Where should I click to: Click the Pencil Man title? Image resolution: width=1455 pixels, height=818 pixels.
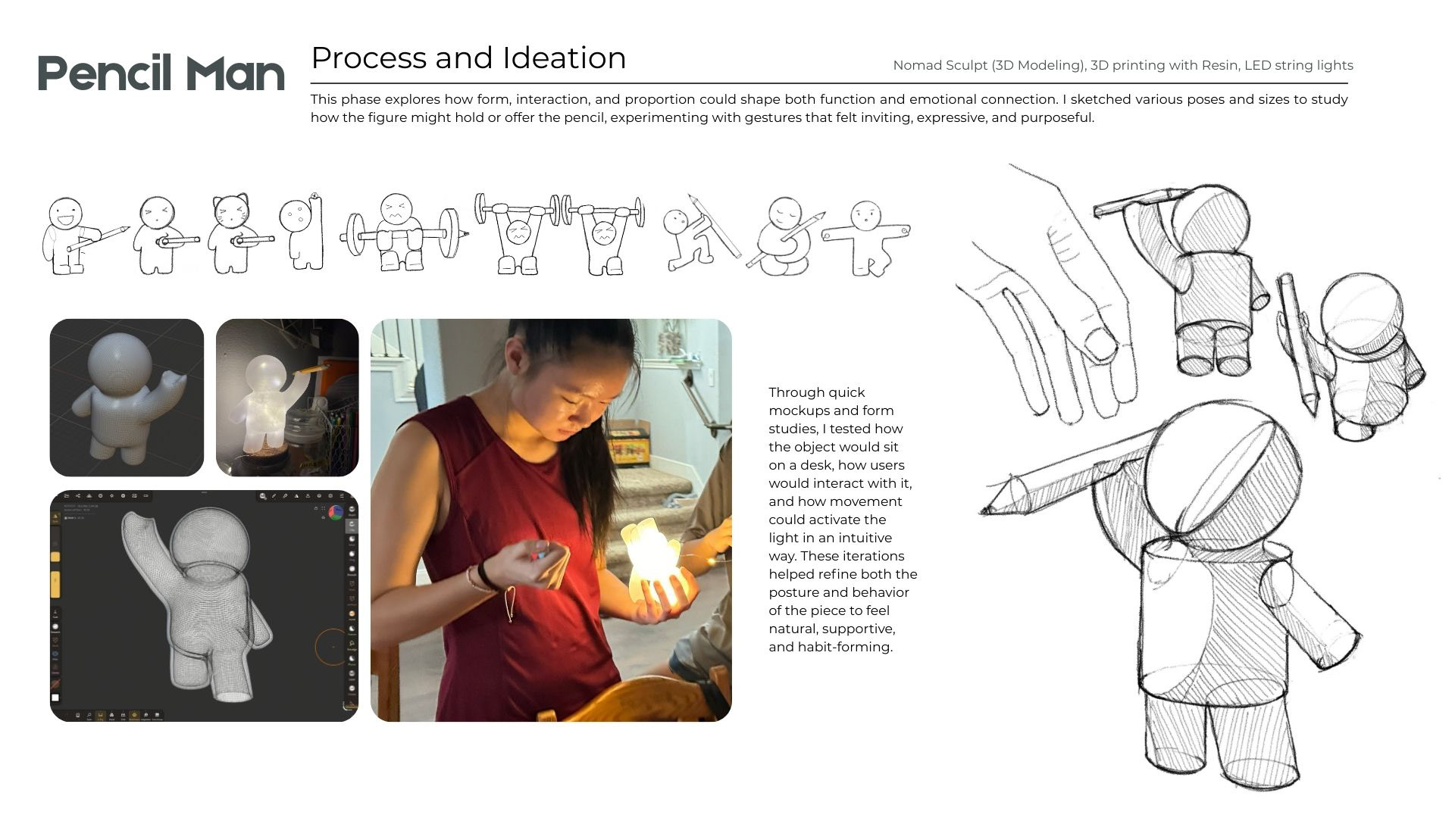(x=161, y=73)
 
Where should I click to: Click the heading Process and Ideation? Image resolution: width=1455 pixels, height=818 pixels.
(x=468, y=58)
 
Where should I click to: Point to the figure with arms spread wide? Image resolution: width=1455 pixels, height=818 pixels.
(x=866, y=237)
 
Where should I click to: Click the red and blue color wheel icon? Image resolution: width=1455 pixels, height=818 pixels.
(x=336, y=513)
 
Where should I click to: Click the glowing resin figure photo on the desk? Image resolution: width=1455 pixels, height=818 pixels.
(x=287, y=398)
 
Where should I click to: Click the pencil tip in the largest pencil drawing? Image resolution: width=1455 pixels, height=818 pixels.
(x=986, y=511)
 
